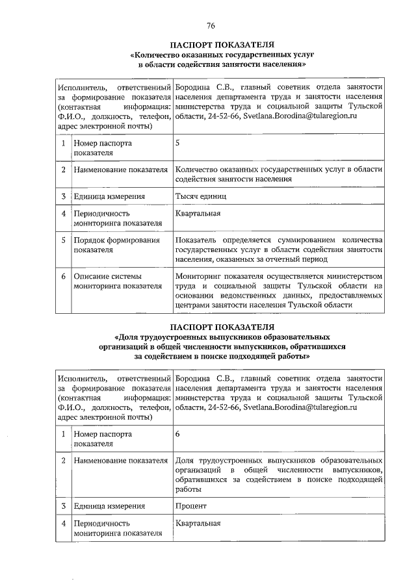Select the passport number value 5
tap(178, 143)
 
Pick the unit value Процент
tap(191, 505)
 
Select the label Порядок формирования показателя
tap(116, 245)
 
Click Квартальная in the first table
tap(198, 213)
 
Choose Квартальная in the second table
tap(198, 522)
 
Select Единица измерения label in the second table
tap(109, 505)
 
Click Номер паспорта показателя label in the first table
tap(103, 147)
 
